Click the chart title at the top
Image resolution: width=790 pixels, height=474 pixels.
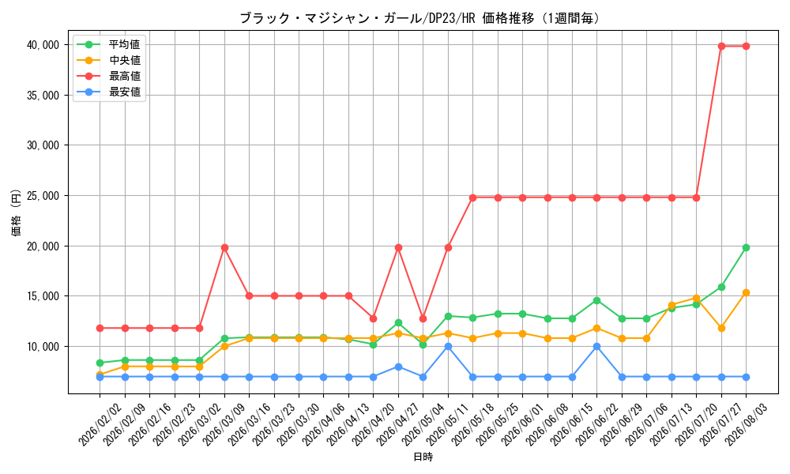[419, 19]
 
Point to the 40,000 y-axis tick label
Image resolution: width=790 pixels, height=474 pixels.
[43, 45]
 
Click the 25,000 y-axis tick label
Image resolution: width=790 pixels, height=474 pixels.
[43, 195]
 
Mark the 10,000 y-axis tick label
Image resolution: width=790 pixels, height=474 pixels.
[43, 347]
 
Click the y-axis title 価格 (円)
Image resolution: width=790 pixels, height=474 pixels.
[16, 213]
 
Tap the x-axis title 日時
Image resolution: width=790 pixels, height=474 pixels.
[423, 457]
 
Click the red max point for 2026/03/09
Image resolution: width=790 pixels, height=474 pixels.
[224, 247]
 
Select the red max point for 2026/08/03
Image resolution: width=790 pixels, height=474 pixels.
[747, 46]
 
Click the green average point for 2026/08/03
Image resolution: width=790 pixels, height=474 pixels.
[747, 247]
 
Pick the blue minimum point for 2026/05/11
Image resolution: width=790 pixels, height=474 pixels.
[448, 347]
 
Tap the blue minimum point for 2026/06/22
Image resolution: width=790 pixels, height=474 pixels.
[597, 347]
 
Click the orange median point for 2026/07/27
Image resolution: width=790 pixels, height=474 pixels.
[721, 328]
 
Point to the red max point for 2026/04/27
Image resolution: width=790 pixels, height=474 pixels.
[398, 247]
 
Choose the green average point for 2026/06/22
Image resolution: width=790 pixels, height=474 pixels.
[597, 300]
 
